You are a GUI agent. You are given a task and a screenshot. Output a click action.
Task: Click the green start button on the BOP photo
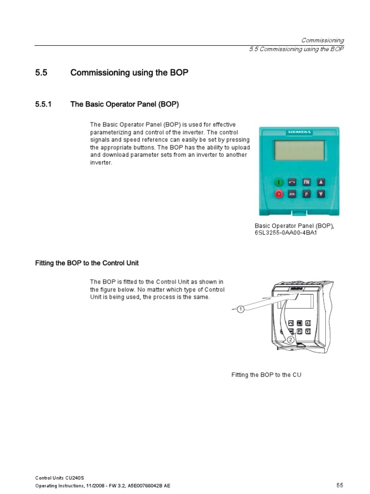tap(278, 182)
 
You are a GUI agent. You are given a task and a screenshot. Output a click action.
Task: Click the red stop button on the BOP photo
tap(278, 194)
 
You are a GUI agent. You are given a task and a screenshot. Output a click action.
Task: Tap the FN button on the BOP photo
tap(306, 182)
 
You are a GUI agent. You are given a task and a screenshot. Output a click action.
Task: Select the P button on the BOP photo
tap(306, 194)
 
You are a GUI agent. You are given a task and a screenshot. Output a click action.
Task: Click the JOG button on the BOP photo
tap(292, 194)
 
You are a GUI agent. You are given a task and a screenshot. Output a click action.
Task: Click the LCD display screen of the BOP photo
tap(299, 150)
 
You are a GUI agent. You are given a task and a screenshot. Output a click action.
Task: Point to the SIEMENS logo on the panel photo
tap(300, 132)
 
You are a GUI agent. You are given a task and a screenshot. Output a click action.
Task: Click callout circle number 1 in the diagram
tap(240, 309)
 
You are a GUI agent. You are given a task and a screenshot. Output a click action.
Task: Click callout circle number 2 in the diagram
tap(291, 340)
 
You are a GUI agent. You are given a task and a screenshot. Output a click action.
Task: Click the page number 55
tap(339, 485)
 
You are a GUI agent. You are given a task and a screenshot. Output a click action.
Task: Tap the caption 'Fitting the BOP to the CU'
tap(266, 375)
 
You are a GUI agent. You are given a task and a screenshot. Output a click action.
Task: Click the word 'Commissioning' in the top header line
tap(322, 41)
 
